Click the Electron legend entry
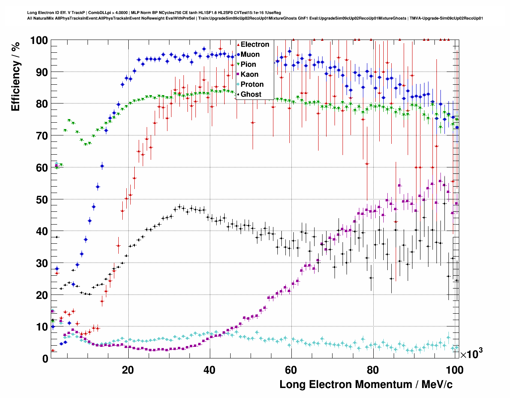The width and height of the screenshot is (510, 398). click(x=255, y=44)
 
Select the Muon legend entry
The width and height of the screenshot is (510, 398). click(x=250, y=54)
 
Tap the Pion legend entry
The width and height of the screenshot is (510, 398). click(x=248, y=64)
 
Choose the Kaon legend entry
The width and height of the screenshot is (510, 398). click(x=249, y=74)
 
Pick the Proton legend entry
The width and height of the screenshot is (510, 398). click(x=252, y=84)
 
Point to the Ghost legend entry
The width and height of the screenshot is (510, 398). click(x=251, y=94)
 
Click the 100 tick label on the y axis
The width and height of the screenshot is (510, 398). click(x=39, y=40)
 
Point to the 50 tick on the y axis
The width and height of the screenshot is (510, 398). click(x=42, y=199)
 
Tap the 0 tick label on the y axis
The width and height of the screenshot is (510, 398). click(x=45, y=359)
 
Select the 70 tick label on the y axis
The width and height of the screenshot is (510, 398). click(x=42, y=136)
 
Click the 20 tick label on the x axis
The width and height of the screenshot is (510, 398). click(x=128, y=370)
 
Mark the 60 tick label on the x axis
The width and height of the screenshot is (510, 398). click(x=291, y=370)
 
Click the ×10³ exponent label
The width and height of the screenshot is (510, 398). click(x=471, y=354)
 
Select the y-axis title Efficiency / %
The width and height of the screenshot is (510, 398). click(x=16, y=76)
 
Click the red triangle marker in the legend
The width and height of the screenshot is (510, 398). click(x=238, y=45)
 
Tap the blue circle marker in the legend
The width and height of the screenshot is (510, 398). click(x=238, y=55)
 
